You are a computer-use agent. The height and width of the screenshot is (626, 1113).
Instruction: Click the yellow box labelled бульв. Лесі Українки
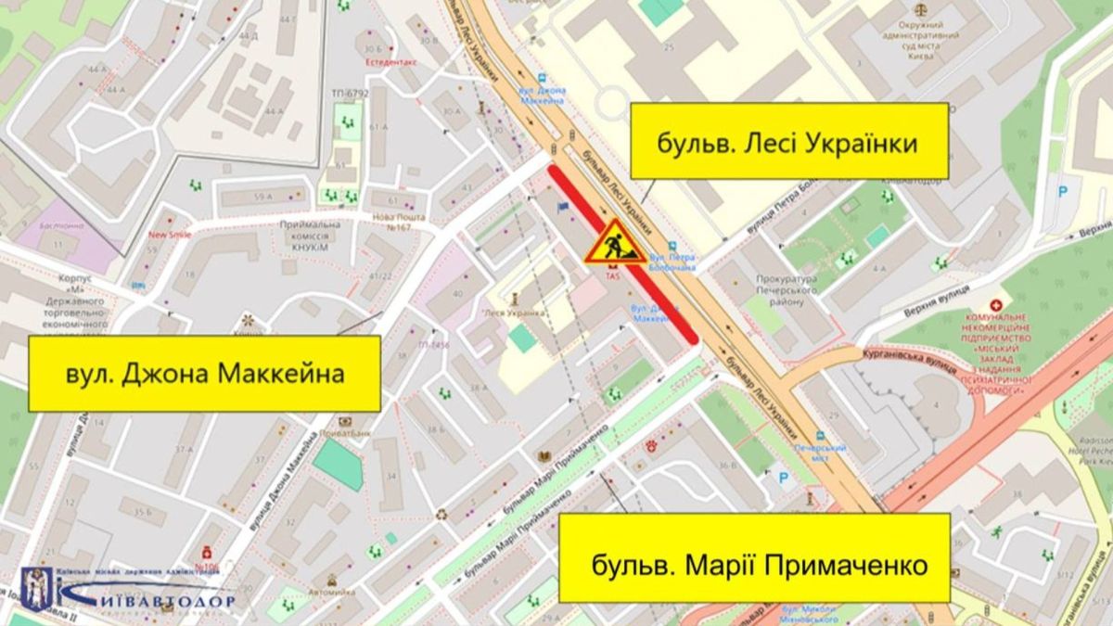[x=789, y=141]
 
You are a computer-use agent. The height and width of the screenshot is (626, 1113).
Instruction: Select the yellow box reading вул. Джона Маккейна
[x=204, y=374]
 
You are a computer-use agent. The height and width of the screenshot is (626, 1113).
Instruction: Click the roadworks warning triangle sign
[x=611, y=243]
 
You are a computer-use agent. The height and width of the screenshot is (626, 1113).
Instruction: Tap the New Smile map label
[x=170, y=235]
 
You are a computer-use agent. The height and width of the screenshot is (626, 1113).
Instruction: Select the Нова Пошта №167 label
[x=398, y=222]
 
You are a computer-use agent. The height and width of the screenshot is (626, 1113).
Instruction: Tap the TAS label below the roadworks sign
[x=612, y=275]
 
